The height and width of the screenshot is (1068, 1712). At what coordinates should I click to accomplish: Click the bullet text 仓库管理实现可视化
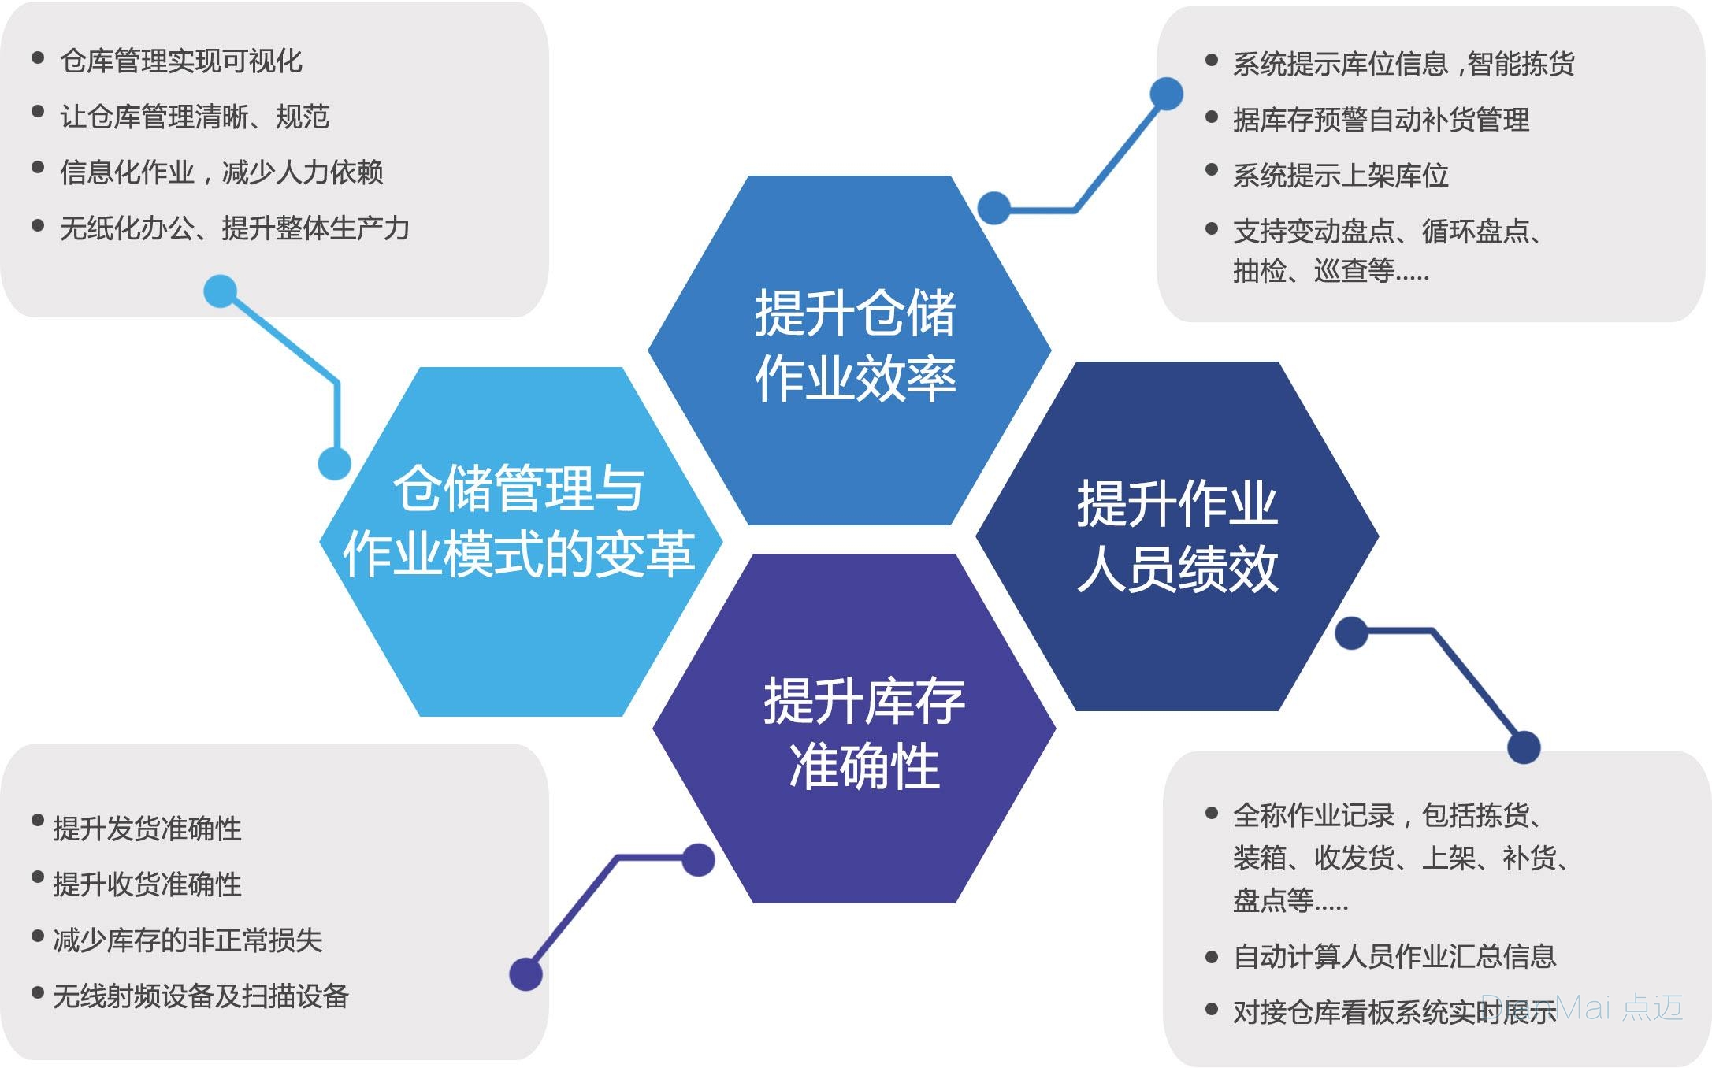pyautogui.click(x=181, y=61)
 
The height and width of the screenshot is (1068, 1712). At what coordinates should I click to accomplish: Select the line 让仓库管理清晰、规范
pyautogui.click(x=195, y=117)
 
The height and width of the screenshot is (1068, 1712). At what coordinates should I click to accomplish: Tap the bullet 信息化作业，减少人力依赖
pyautogui.click(x=221, y=172)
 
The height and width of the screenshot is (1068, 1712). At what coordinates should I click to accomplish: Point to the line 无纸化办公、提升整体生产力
pyautogui.click(x=235, y=228)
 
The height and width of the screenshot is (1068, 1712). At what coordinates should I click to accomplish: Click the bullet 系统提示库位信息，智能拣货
pyautogui.click(x=1404, y=64)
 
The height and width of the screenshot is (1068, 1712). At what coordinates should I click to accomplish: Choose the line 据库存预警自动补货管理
pyautogui.click(x=1381, y=120)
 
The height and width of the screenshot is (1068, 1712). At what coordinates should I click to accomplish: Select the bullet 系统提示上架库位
pyautogui.click(x=1341, y=176)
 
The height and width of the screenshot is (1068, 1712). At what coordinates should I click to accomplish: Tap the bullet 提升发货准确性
pyautogui.click(x=147, y=829)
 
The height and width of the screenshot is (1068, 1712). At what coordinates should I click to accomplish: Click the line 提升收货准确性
pyautogui.click(x=147, y=884)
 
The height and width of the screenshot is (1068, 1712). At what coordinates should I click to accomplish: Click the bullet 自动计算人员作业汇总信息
pyautogui.click(x=1394, y=956)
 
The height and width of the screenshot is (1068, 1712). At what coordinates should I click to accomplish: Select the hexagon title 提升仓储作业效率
pyautogui.click(x=856, y=345)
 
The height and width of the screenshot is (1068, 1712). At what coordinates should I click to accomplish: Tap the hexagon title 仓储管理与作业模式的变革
pyautogui.click(x=519, y=521)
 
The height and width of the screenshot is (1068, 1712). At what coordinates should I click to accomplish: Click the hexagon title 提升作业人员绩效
pyautogui.click(x=1177, y=536)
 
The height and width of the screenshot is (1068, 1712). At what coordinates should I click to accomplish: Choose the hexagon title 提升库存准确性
pyautogui.click(x=864, y=733)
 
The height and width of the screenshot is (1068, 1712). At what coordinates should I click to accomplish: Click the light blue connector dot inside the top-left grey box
pyautogui.click(x=221, y=291)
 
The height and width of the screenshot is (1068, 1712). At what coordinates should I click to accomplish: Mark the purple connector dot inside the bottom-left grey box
pyautogui.click(x=526, y=974)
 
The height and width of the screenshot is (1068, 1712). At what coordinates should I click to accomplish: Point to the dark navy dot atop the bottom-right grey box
pyautogui.click(x=1524, y=747)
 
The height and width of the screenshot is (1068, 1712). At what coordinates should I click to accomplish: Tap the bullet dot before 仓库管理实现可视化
pyautogui.click(x=38, y=57)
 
